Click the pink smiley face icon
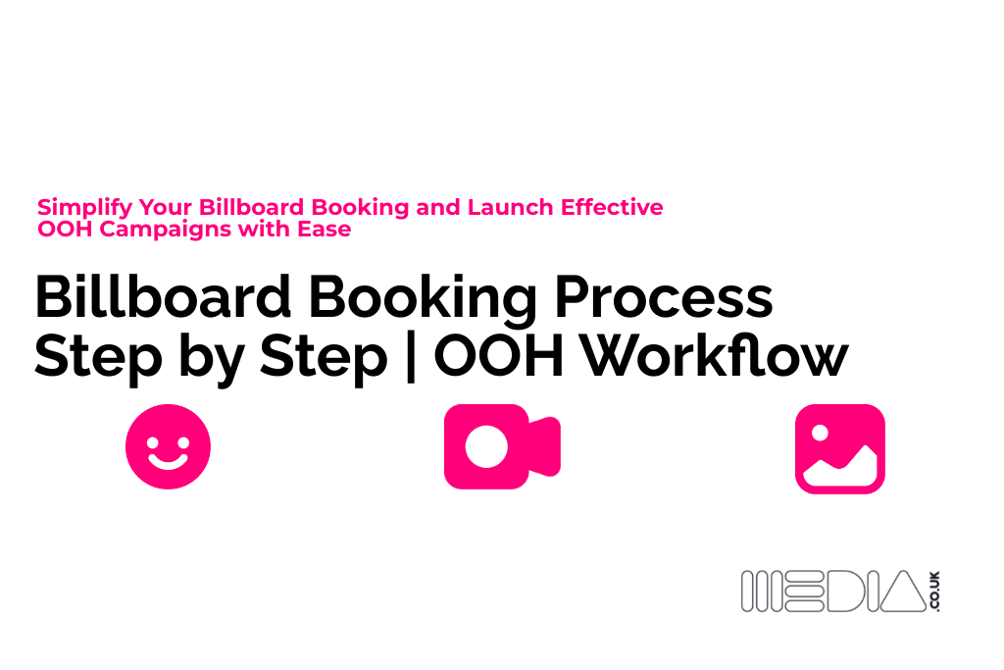[168, 447]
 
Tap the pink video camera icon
[501, 446]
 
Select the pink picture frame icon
[839, 448]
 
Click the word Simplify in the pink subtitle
[85, 208]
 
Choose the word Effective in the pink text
[612, 208]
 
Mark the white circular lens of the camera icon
[486, 446]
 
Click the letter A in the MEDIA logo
[901, 592]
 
